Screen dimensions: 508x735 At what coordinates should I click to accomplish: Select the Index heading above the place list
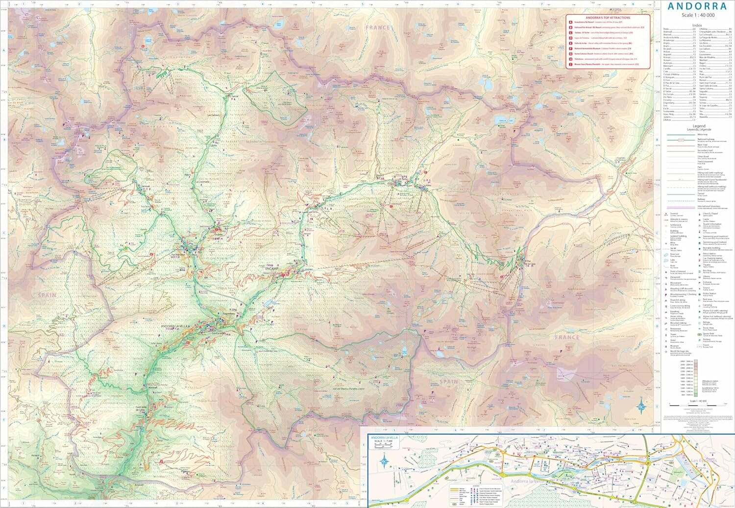(696, 24)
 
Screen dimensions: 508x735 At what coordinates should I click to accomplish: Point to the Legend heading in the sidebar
(699, 126)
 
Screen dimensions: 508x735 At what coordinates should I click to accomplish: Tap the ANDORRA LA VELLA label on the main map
(174, 326)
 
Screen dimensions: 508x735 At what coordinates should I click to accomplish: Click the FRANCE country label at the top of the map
(378, 28)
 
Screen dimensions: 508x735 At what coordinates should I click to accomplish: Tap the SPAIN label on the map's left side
(48, 295)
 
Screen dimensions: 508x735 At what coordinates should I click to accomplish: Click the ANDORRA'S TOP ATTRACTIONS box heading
(608, 18)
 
